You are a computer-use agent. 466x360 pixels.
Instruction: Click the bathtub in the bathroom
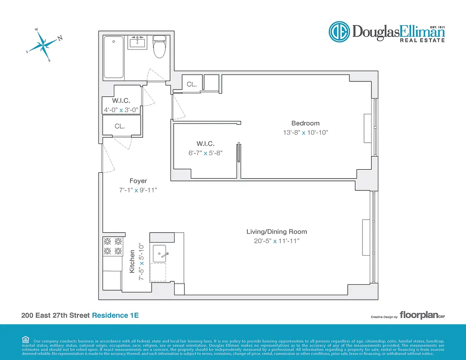(114, 58)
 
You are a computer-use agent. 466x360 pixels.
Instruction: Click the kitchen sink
(161, 254)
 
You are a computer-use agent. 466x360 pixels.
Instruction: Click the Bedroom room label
(305, 123)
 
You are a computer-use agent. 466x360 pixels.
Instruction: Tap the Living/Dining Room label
(277, 232)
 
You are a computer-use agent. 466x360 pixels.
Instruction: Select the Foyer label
(138, 181)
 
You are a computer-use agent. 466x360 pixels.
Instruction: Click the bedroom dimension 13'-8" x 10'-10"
(305, 133)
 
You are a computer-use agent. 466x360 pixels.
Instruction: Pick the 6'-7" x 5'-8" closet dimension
(206, 153)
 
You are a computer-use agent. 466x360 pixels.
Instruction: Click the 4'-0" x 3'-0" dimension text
(121, 109)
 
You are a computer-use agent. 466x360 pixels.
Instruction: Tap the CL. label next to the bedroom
(192, 84)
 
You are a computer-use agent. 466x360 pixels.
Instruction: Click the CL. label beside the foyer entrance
(120, 126)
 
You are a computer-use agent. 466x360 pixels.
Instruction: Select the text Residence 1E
(115, 315)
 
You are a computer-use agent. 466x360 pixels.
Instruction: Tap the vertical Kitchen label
(132, 261)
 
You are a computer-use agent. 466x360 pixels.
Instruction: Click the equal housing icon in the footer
(25, 340)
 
